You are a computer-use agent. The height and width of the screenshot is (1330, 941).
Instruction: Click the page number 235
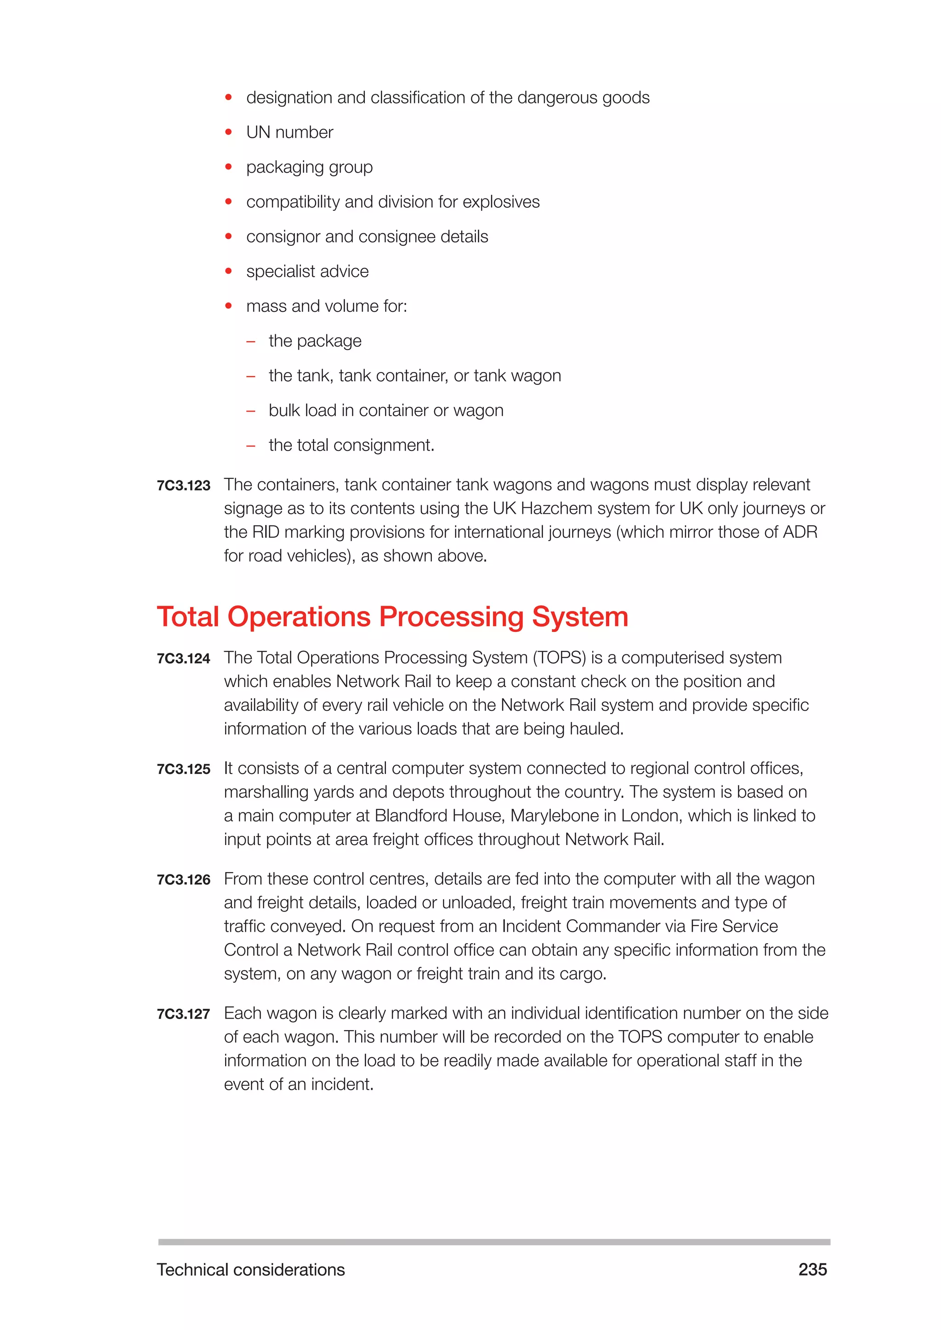(x=812, y=1269)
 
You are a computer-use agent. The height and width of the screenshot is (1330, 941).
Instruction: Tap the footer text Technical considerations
(x=250, y=1269)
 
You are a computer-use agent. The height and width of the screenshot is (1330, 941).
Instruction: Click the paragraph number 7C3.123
(x=183, y=485)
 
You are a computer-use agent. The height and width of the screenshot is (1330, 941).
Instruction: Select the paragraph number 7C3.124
(x=183, y=659)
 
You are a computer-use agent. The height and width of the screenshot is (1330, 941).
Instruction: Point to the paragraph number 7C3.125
(x=183, y=769)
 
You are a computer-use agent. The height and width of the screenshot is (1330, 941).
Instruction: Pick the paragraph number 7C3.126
(x=183, y=880)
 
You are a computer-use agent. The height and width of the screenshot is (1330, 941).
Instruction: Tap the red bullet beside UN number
(x=228, y=132)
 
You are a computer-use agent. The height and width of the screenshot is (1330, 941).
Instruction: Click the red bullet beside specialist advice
(x=228, y=271)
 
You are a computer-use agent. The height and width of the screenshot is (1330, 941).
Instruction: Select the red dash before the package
(x=251, y=342)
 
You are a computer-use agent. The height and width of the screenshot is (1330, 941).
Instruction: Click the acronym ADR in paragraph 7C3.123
(x=800, y=532)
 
